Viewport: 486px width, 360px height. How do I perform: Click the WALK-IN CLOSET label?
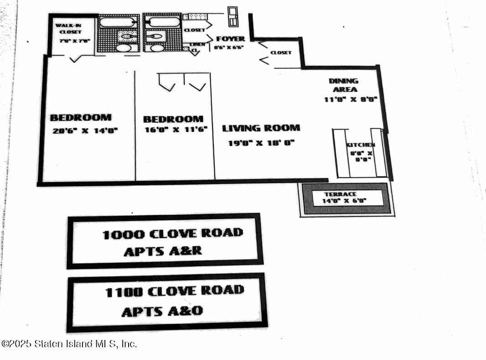click(x=70, y=29)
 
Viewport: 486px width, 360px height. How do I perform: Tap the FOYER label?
click(x=230, y=39)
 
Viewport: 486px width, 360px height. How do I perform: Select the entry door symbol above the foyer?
click(x=233, y=16)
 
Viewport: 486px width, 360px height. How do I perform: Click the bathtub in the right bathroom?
click(x=162, y=22)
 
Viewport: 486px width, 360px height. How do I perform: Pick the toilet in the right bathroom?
click(x=155, y=36)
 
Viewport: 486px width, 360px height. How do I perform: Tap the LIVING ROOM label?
click(x=261, y=128)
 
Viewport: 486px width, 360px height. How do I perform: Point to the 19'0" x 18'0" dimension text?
click(x=261, y=143)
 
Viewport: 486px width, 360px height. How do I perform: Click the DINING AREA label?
click(x=343, y=85)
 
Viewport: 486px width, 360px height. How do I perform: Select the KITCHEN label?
click(x=361, y=145)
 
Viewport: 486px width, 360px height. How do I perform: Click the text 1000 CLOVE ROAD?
click(x=172, y=234)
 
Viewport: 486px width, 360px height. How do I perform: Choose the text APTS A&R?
click(x=162, y=251)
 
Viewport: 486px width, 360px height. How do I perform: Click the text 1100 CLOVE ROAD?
click(x=175, y=291)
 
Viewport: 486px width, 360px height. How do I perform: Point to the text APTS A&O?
click(x=162, y=311)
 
